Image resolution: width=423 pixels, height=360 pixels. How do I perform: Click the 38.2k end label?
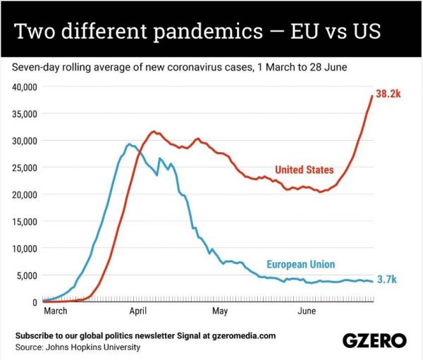coord(388,94)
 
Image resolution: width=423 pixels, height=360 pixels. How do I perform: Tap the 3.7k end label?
coord(387,280)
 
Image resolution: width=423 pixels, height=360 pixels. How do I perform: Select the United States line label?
coord(304,169)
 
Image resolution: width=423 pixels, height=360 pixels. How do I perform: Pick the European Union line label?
coord(300,264)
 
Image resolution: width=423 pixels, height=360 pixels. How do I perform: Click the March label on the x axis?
coord(56,310)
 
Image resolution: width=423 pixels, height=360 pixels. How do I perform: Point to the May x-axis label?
coord(220,310)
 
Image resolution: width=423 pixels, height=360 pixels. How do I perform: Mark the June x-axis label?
coord(306,310)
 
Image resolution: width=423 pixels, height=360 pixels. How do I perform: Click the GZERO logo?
coord(374,340)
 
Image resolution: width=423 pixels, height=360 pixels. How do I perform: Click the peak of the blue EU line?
coord(128,144)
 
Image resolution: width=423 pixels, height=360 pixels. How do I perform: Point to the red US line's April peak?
coord(153,132)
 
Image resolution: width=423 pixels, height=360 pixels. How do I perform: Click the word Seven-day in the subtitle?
coord(34,68)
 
